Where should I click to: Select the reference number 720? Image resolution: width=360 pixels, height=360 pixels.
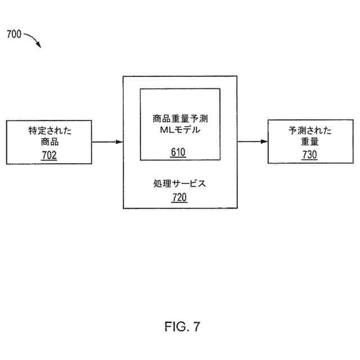coord(179,197)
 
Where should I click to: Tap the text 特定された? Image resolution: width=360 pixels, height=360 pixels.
coord(49,131)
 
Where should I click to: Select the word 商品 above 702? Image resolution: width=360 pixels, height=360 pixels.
coord(49,142)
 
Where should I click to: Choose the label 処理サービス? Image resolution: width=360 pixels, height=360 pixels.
coord(179,184)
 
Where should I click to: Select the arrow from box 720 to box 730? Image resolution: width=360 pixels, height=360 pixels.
coord(252,142)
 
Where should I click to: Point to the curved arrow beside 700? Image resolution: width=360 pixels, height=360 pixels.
coord(33,40)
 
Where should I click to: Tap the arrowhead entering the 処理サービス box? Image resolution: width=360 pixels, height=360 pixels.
coord(119,142)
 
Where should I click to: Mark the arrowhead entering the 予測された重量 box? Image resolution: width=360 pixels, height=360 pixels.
coord(264,142)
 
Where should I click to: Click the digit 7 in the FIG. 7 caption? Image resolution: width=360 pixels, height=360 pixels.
coord(196,326)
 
